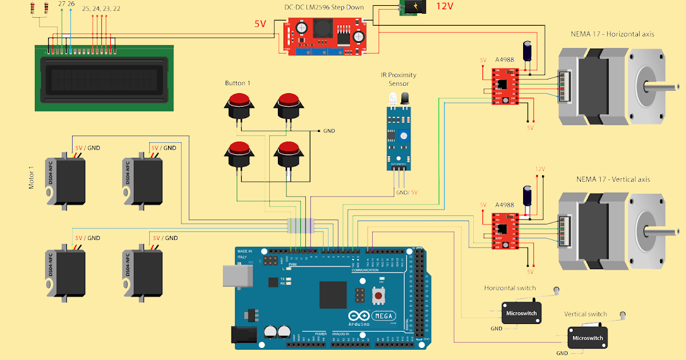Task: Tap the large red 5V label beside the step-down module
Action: coord(260,24)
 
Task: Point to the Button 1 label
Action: coord(237,83)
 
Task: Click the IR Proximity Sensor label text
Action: coord(398,79)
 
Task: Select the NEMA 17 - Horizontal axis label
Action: coord(612,34)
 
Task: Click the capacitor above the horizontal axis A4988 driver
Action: coord(530,52)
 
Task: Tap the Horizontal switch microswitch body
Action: coord(521,313)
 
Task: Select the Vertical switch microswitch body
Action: coord(587,338)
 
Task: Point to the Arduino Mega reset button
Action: coord(378,296)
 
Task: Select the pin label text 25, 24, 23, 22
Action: coord(101,9)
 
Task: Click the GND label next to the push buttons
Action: coord(329,131)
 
